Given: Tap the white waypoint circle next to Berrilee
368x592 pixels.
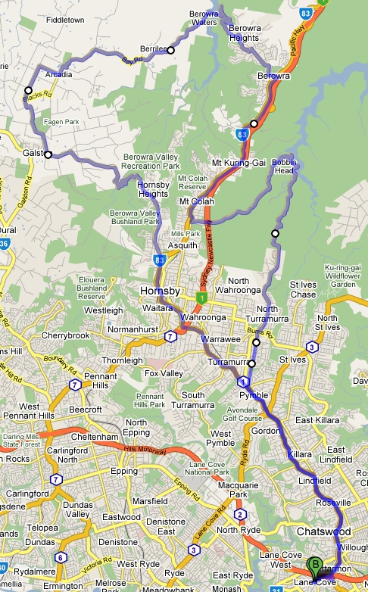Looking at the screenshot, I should (x=170, y=50).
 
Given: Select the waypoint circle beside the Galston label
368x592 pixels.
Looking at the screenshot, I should (x=48, y=154).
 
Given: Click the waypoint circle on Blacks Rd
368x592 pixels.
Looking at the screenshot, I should (x=29, y=90).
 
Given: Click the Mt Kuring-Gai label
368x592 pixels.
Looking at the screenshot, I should (x=234, y=162).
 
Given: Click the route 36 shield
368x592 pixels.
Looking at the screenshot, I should (x=3, y=244).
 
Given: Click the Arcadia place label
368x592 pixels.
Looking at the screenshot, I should (x=59, y=75).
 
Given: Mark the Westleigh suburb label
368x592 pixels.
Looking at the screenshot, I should (x=102, y=310).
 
